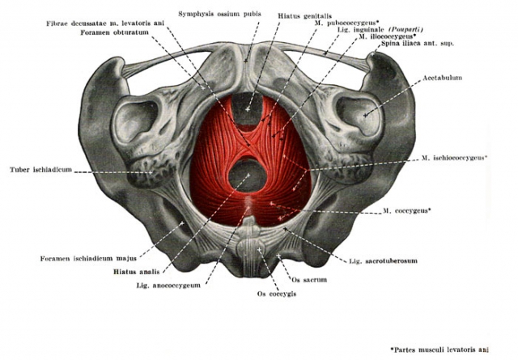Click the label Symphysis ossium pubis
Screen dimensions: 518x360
pyautogui.click(x=219, y=14)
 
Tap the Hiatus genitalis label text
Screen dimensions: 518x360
pyautogui.click(x=304, y=16)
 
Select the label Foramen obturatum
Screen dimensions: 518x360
pyautogui.click(x=114, y=32)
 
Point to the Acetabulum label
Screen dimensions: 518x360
pyautogui.click(x=443, y=78)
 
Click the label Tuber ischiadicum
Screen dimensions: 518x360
pyautogui.click(x=40, y=170)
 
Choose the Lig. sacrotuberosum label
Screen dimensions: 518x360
pyautogui.click(x=383, y=261)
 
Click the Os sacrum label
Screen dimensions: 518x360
pyautogui.click(x=309, y=280)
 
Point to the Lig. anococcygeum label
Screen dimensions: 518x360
pyautogui.click(x=168, y=286)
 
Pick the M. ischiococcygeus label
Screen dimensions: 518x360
pyautogui.click(x=454, y=158)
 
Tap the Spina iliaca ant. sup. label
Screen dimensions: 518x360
pyautogui.click(x=418, y=43)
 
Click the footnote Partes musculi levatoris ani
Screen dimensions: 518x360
pyautogui.click(x=439, y=349)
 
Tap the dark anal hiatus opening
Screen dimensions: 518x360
pyautogui.click(x=248, y=176)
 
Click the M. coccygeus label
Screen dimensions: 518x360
pyautogui.click(x=407, y=210)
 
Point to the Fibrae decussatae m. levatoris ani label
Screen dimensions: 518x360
pyautogui.click(x=105, y=23)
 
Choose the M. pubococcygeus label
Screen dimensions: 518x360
pyautogui.click(x=346, y=23)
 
